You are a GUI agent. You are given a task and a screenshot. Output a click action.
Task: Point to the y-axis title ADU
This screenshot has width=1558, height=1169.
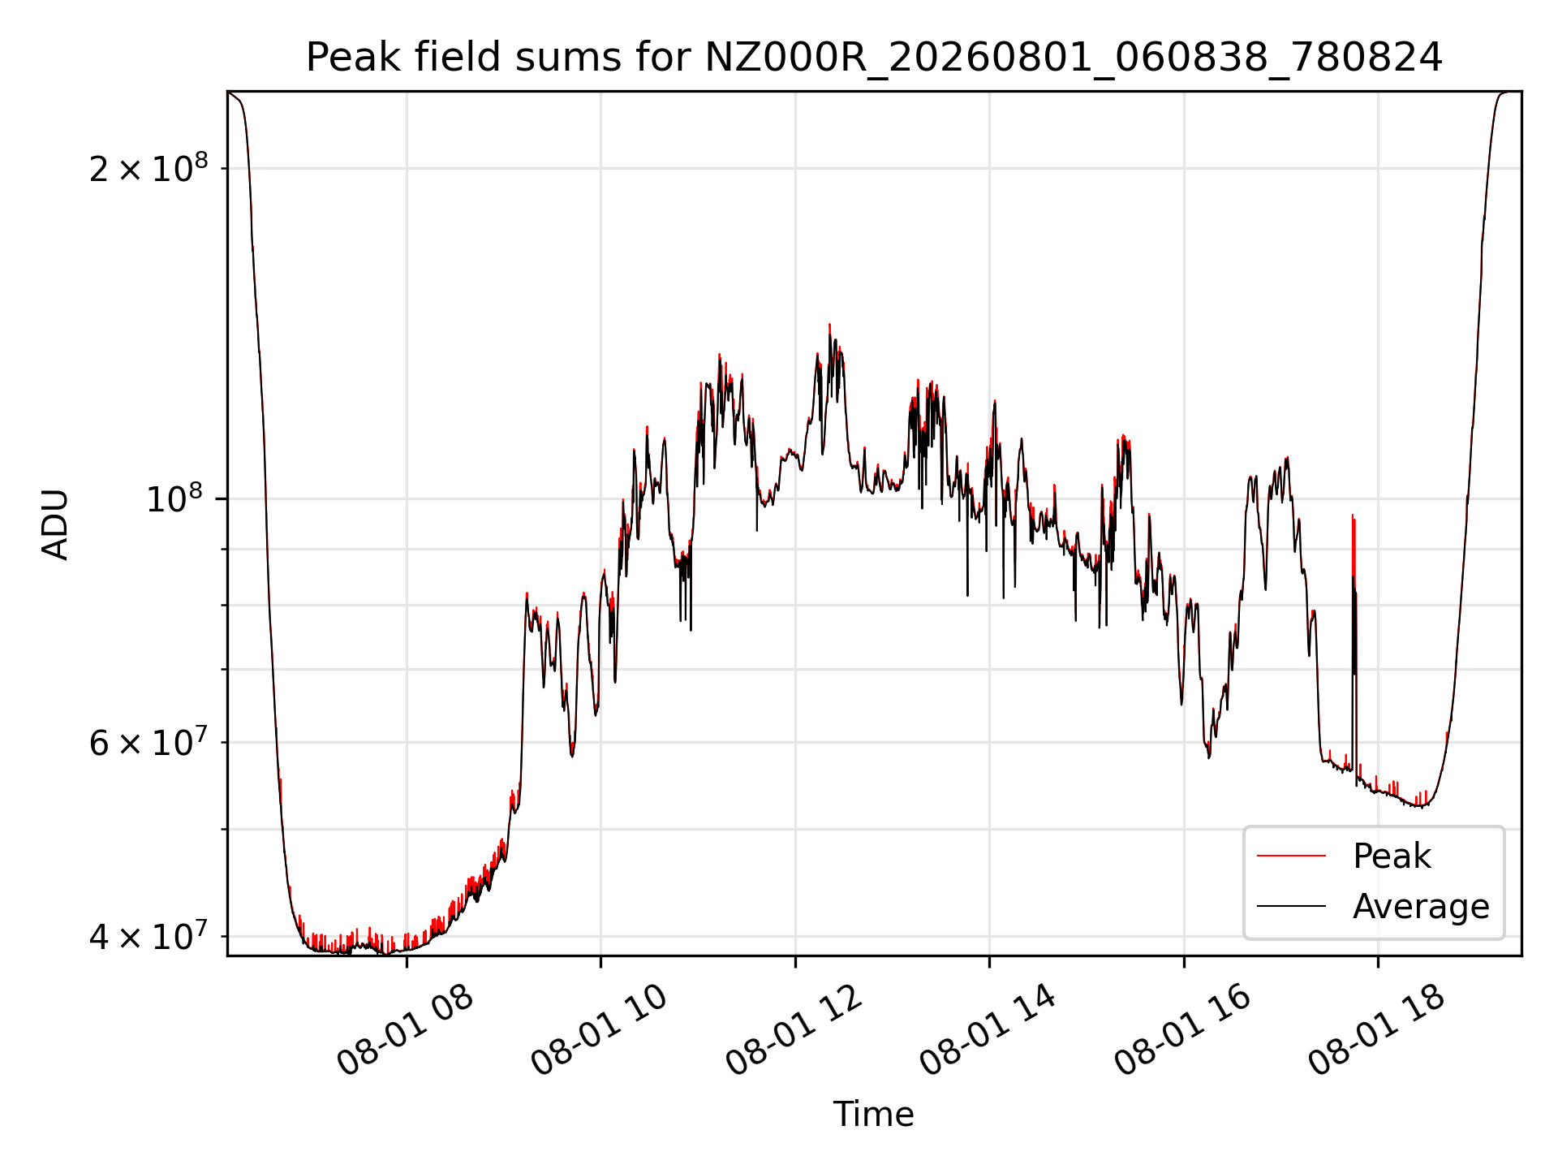click(x=55, y=524)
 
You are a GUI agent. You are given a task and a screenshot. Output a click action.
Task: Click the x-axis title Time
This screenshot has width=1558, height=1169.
click(x=873, y=1115)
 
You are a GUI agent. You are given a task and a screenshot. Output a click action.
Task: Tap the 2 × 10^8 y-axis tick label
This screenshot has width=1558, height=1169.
click(x=148, y=168)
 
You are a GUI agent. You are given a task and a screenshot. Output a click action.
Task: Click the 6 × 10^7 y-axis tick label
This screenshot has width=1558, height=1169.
click(x=148, y=741)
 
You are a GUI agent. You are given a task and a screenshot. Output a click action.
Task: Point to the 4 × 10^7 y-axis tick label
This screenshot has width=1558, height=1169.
click(x=148, y=935)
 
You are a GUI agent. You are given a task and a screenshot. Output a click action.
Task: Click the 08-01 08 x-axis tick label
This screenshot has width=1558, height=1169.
click(x=405, y=1030)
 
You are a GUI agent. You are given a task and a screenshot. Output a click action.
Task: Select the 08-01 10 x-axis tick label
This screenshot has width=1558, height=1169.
click(x=599, y=1030)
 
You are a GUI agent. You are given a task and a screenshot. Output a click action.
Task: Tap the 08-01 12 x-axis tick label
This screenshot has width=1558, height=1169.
click(x=794, y=1030)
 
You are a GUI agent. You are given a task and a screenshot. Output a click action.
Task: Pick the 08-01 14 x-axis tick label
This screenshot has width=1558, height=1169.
click(x=988, y=1030)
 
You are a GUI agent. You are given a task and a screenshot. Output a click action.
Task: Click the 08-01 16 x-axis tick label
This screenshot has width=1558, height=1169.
click(x=1182, y=1030)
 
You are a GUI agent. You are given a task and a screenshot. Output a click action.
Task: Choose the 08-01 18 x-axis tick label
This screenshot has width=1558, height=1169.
click(x=1376, y=1030)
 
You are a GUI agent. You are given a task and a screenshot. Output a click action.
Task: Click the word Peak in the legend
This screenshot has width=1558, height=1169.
click(x=1392, y=856)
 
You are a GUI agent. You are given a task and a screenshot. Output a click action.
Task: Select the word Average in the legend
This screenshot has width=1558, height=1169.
click(x=1421, y=907)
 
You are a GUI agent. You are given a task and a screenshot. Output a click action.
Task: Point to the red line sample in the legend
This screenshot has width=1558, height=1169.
click(x=1291, y=856)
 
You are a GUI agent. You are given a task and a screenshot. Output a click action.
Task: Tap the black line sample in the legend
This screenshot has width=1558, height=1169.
click(x=1291, y=906)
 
